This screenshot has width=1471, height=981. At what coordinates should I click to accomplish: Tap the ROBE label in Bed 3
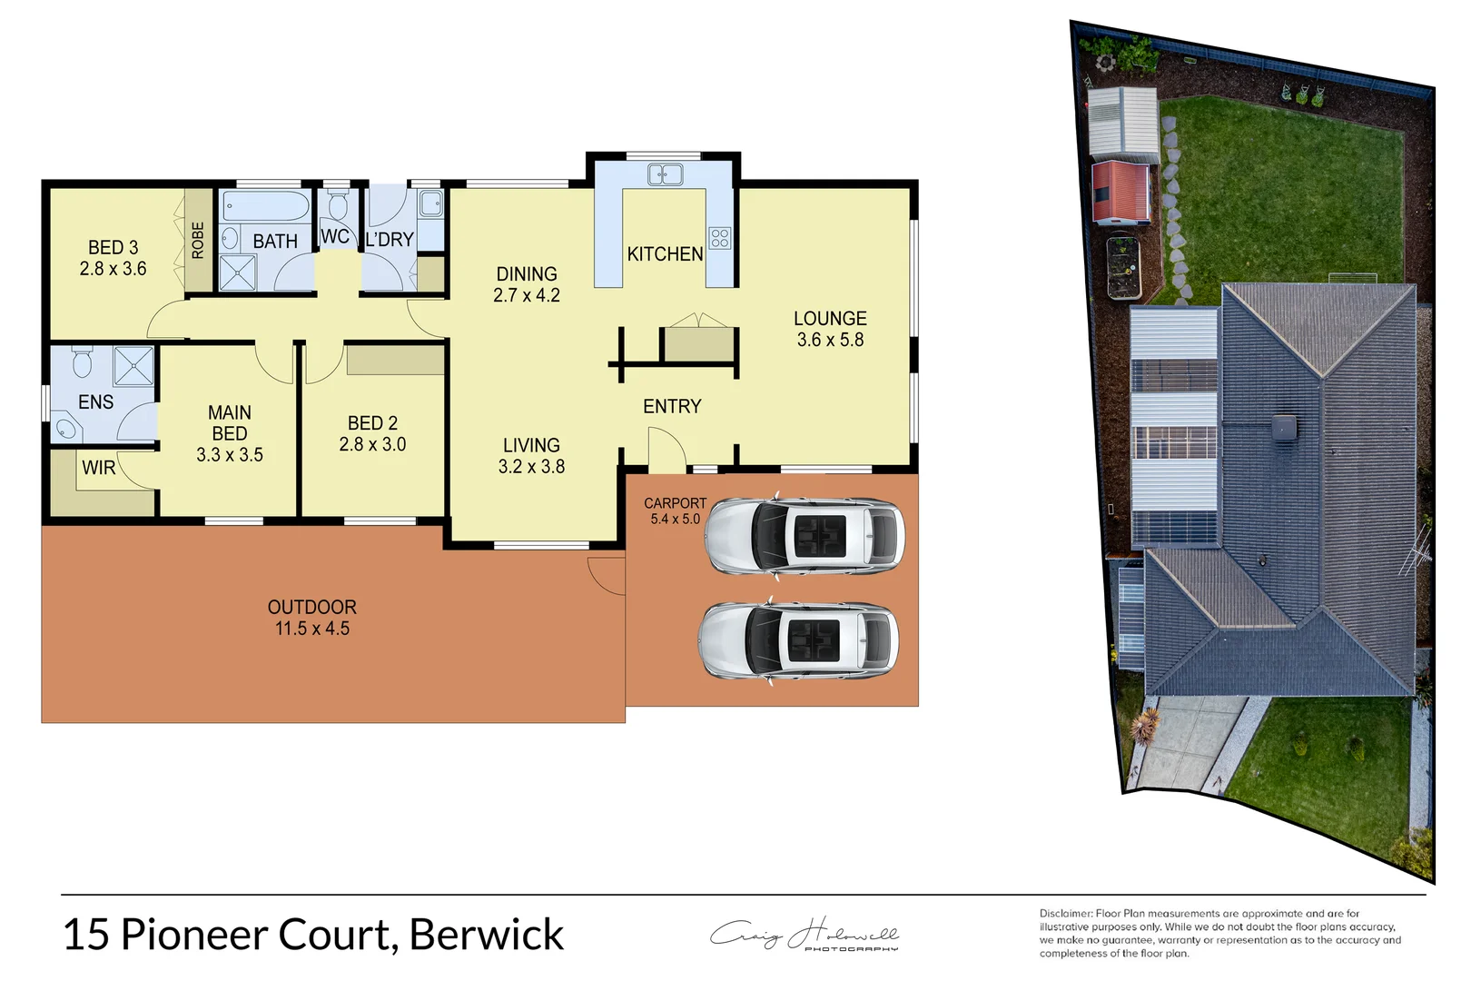pos(197,241)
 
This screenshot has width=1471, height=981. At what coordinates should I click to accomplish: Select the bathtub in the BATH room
pos(266,206)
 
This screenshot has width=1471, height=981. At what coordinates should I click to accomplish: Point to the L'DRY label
pos(390,240)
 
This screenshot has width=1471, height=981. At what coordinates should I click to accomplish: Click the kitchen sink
pos(665,173)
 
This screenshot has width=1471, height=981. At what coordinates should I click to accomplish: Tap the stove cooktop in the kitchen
pos(720,238)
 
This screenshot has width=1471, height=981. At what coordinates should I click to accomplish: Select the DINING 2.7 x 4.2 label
pos(527,284)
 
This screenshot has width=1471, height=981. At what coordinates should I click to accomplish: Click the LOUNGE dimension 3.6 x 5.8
pos(830,340)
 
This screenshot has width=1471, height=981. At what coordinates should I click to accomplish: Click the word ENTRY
pos(672,406)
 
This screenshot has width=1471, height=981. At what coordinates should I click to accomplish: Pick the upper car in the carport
pos(805,535)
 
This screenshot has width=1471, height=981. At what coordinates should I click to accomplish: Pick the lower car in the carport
pos(799,640)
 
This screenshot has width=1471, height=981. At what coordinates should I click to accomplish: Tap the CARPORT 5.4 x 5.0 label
pos(675,510)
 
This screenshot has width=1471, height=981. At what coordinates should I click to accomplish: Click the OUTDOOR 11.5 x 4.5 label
pos(311,618)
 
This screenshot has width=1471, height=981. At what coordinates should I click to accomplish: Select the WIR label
pos(99,468)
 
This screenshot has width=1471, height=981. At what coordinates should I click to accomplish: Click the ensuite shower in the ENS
pos(133,366)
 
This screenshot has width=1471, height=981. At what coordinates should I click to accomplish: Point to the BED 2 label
pos(372,433)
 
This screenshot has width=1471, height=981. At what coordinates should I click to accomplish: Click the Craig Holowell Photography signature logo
pos(805,935)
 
